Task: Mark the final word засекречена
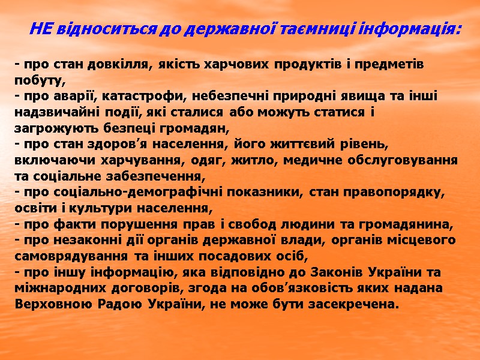point(353,304)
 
